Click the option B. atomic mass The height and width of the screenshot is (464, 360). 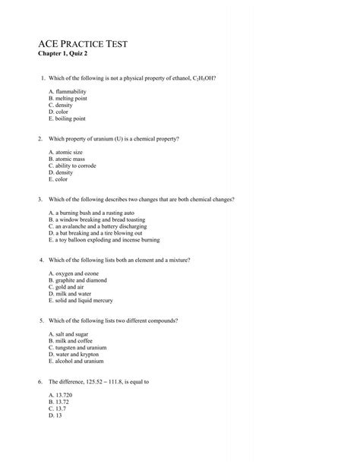click(x=66, y=159)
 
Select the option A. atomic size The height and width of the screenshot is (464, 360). click(x=65, y=152)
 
